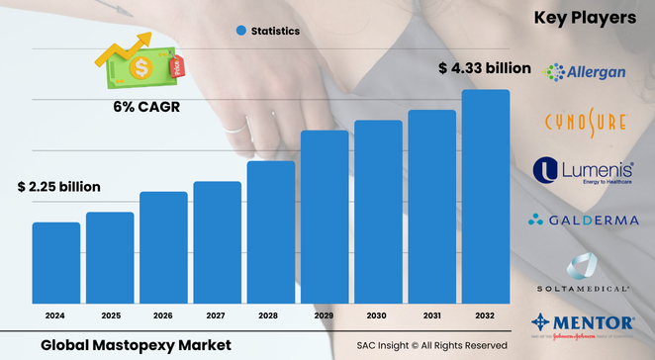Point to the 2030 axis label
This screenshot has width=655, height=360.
pyautogui.click(x=378, y=315)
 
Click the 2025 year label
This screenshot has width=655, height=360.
pyautogui.click(x=109, y=315)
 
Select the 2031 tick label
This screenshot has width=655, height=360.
pyautogui.click(x=431, y=315)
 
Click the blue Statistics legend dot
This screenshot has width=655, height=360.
pyautogui.click(x=239, y=32)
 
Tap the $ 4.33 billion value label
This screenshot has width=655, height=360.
pyautogui.click(x=484, y=68)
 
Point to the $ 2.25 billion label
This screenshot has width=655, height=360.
pyautogui.click(x=58, y=186)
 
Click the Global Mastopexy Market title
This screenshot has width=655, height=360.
pyautogui.click(x=137, y=344)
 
